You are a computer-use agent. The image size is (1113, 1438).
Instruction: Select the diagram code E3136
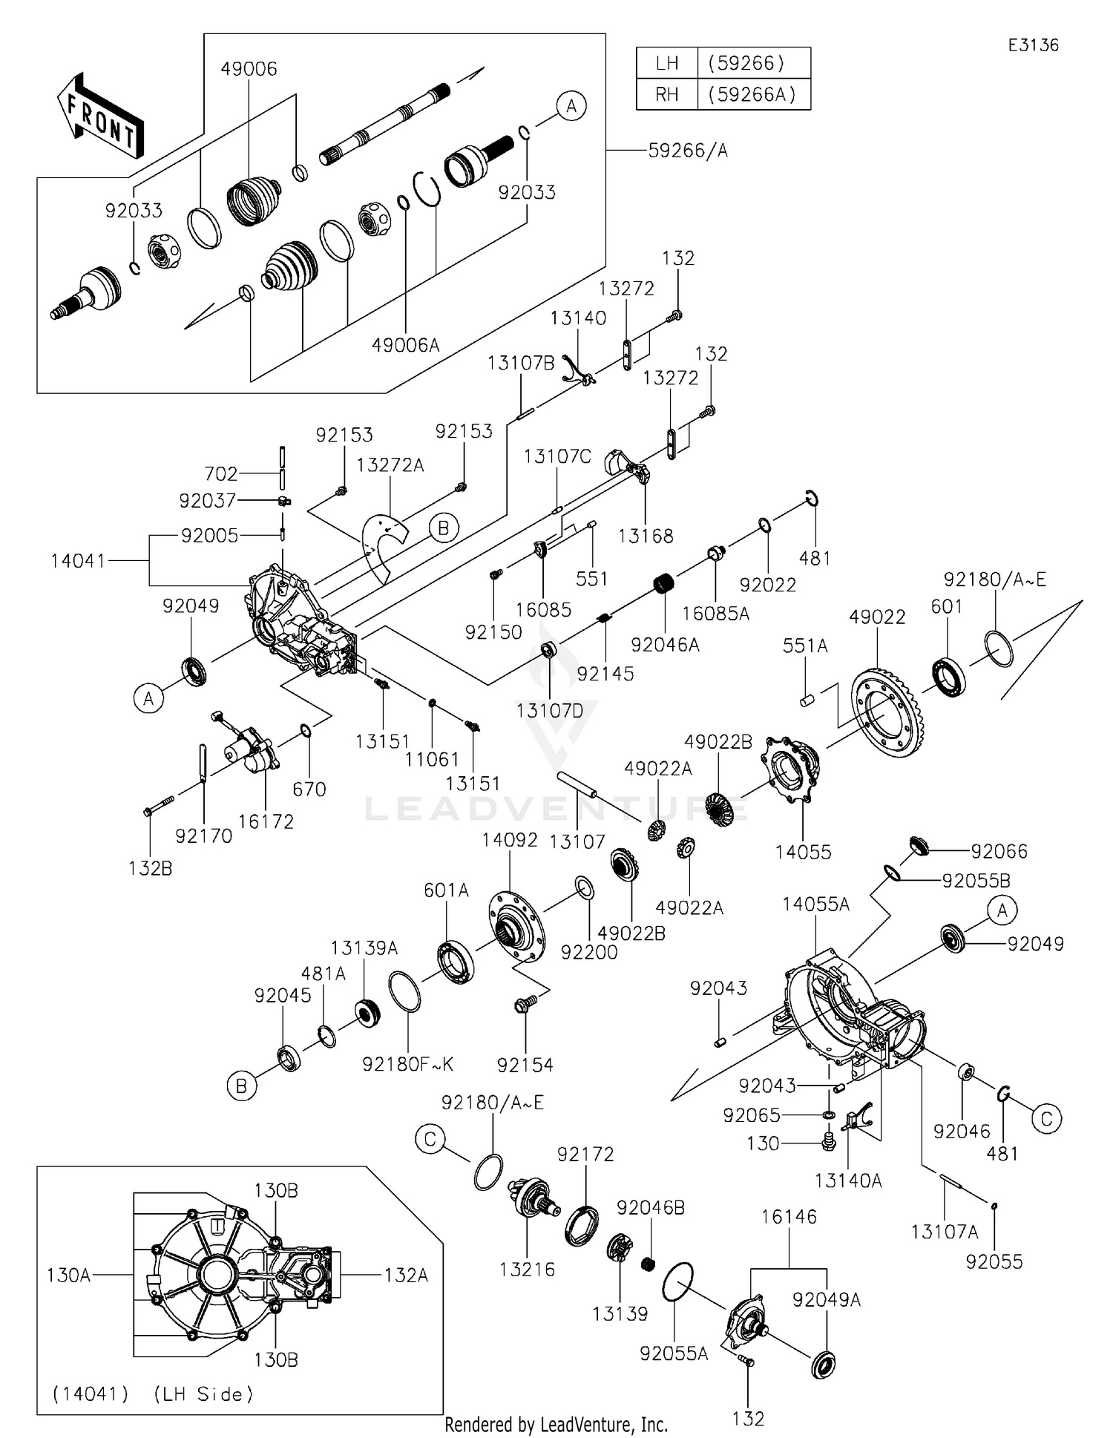(x=1033, y=45)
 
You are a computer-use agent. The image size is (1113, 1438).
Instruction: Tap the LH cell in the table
(x=667, y=63)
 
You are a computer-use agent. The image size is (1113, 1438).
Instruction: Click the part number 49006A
(x=405, y=345)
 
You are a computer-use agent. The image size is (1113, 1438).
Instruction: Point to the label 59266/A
(x=687, y=151)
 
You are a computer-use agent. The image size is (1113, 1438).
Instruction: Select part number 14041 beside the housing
(x=78, y=561)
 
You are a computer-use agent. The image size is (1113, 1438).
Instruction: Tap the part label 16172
(x=266, y=821)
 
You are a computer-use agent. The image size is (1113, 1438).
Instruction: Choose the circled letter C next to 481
(x=1047, y=1118)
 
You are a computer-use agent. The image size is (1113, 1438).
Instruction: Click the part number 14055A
(x=815, y=905)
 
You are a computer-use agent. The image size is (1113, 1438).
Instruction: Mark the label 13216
(x=527, y=1270)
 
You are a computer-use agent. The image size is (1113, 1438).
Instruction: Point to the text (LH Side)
(x=203, y=1394)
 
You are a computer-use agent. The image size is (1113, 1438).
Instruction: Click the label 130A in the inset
(x=68, y=1276)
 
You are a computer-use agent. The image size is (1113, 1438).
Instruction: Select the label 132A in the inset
(x=406, y=1276)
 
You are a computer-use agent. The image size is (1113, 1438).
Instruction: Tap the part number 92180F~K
(x=407, y=1064)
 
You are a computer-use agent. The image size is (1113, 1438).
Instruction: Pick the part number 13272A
(x=390, y=465)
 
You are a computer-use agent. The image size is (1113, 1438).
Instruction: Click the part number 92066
(x=999, y=851)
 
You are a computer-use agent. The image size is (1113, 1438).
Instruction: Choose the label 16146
(x=788, y=1217)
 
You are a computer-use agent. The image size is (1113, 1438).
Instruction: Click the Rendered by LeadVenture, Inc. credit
(x=556, y=1425)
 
